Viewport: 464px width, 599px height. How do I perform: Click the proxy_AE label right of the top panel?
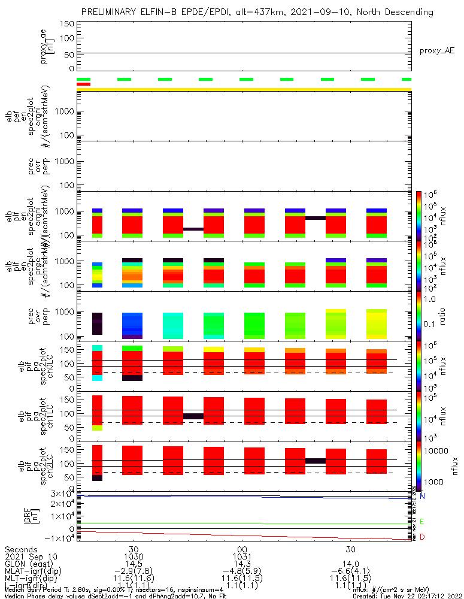click(437, 51)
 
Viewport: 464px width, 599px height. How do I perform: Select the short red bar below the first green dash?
click(83, 84)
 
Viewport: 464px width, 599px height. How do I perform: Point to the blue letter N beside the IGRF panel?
click(422, 496)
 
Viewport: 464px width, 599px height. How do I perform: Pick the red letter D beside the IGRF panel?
click(422, 537)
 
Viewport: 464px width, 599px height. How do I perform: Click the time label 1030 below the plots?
click(134, 557)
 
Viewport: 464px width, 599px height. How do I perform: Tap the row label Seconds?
click(22, 549)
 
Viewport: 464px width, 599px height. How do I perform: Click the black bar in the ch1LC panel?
click(193, 416)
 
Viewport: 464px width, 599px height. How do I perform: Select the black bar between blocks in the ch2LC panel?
click(315, 461)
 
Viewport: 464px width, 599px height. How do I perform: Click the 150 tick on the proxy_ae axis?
click(68, 24)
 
